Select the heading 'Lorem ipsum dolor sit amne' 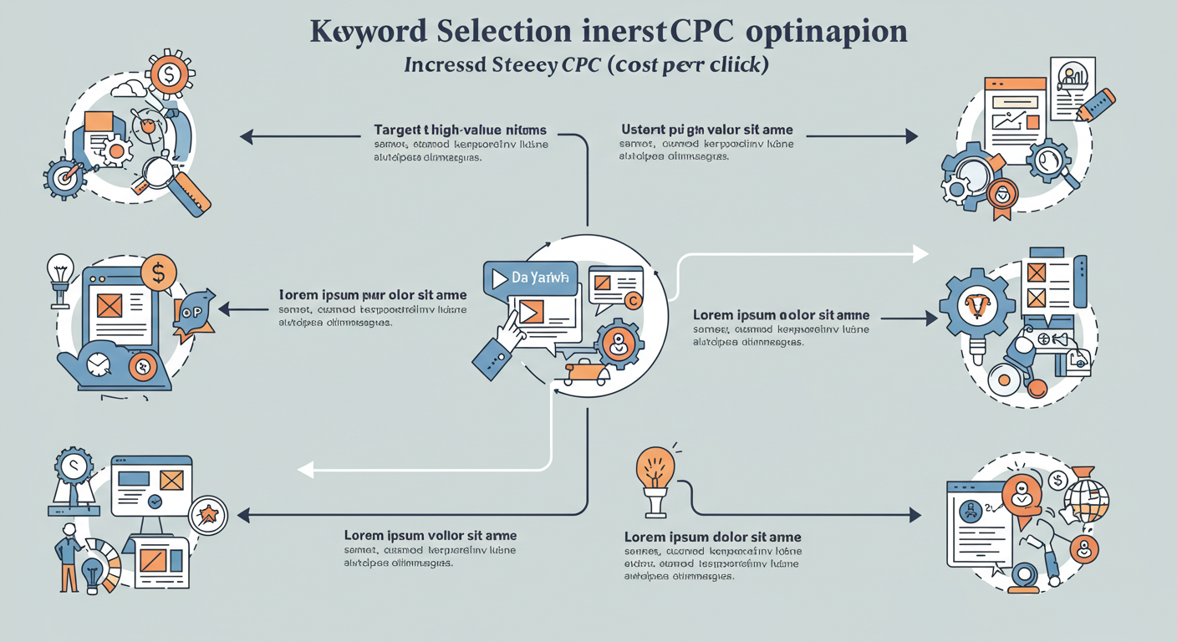coord(712,537)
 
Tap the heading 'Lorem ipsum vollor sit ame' coord(431,535)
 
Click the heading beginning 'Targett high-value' coord(460,130)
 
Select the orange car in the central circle coord(585,372)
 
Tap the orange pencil coord(1096,104)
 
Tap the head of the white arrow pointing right coord(920,253)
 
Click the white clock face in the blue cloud coord(98,364)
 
